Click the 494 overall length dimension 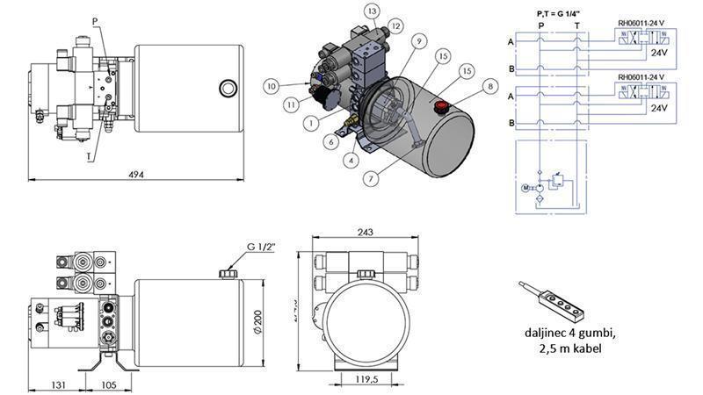point(137,174)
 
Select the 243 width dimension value point(366,233)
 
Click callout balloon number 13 point(373,11)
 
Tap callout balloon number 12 point(395,26)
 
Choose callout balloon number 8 point(489,85)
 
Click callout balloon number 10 point(272,86)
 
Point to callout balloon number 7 point(372,178)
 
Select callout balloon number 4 point(351,160)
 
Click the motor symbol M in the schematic point(526,187)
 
